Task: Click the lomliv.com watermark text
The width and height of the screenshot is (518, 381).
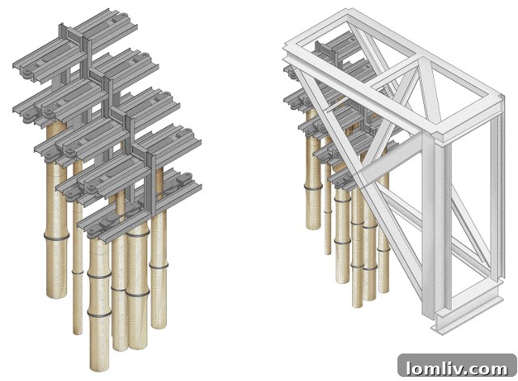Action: point(456,368)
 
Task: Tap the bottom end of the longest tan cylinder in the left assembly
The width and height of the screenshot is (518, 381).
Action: point(100,368)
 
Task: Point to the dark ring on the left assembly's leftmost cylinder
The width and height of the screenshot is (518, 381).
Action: point(57,236)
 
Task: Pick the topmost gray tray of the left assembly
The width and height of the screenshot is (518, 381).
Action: point(75,43)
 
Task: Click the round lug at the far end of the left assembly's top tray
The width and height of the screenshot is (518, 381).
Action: point(122,16)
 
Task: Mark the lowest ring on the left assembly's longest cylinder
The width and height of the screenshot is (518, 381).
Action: point(100,313)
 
